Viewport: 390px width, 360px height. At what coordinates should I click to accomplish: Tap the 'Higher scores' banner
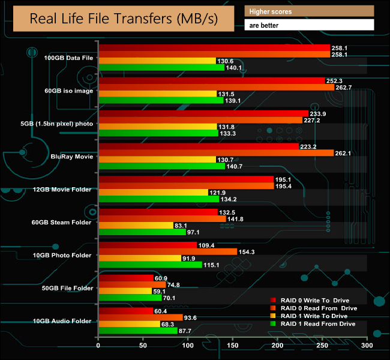pos(309,11)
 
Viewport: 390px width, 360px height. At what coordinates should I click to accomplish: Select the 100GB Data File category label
pos(68,58)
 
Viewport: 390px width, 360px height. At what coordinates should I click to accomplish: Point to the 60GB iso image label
pos(68,91)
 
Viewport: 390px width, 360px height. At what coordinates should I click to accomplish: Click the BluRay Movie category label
pos(71,157)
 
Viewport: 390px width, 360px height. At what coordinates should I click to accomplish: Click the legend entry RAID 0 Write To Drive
pos(314,300)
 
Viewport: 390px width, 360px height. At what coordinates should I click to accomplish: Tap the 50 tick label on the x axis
pos(143,346)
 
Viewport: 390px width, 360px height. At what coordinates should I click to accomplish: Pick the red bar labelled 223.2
pos(198,146)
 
